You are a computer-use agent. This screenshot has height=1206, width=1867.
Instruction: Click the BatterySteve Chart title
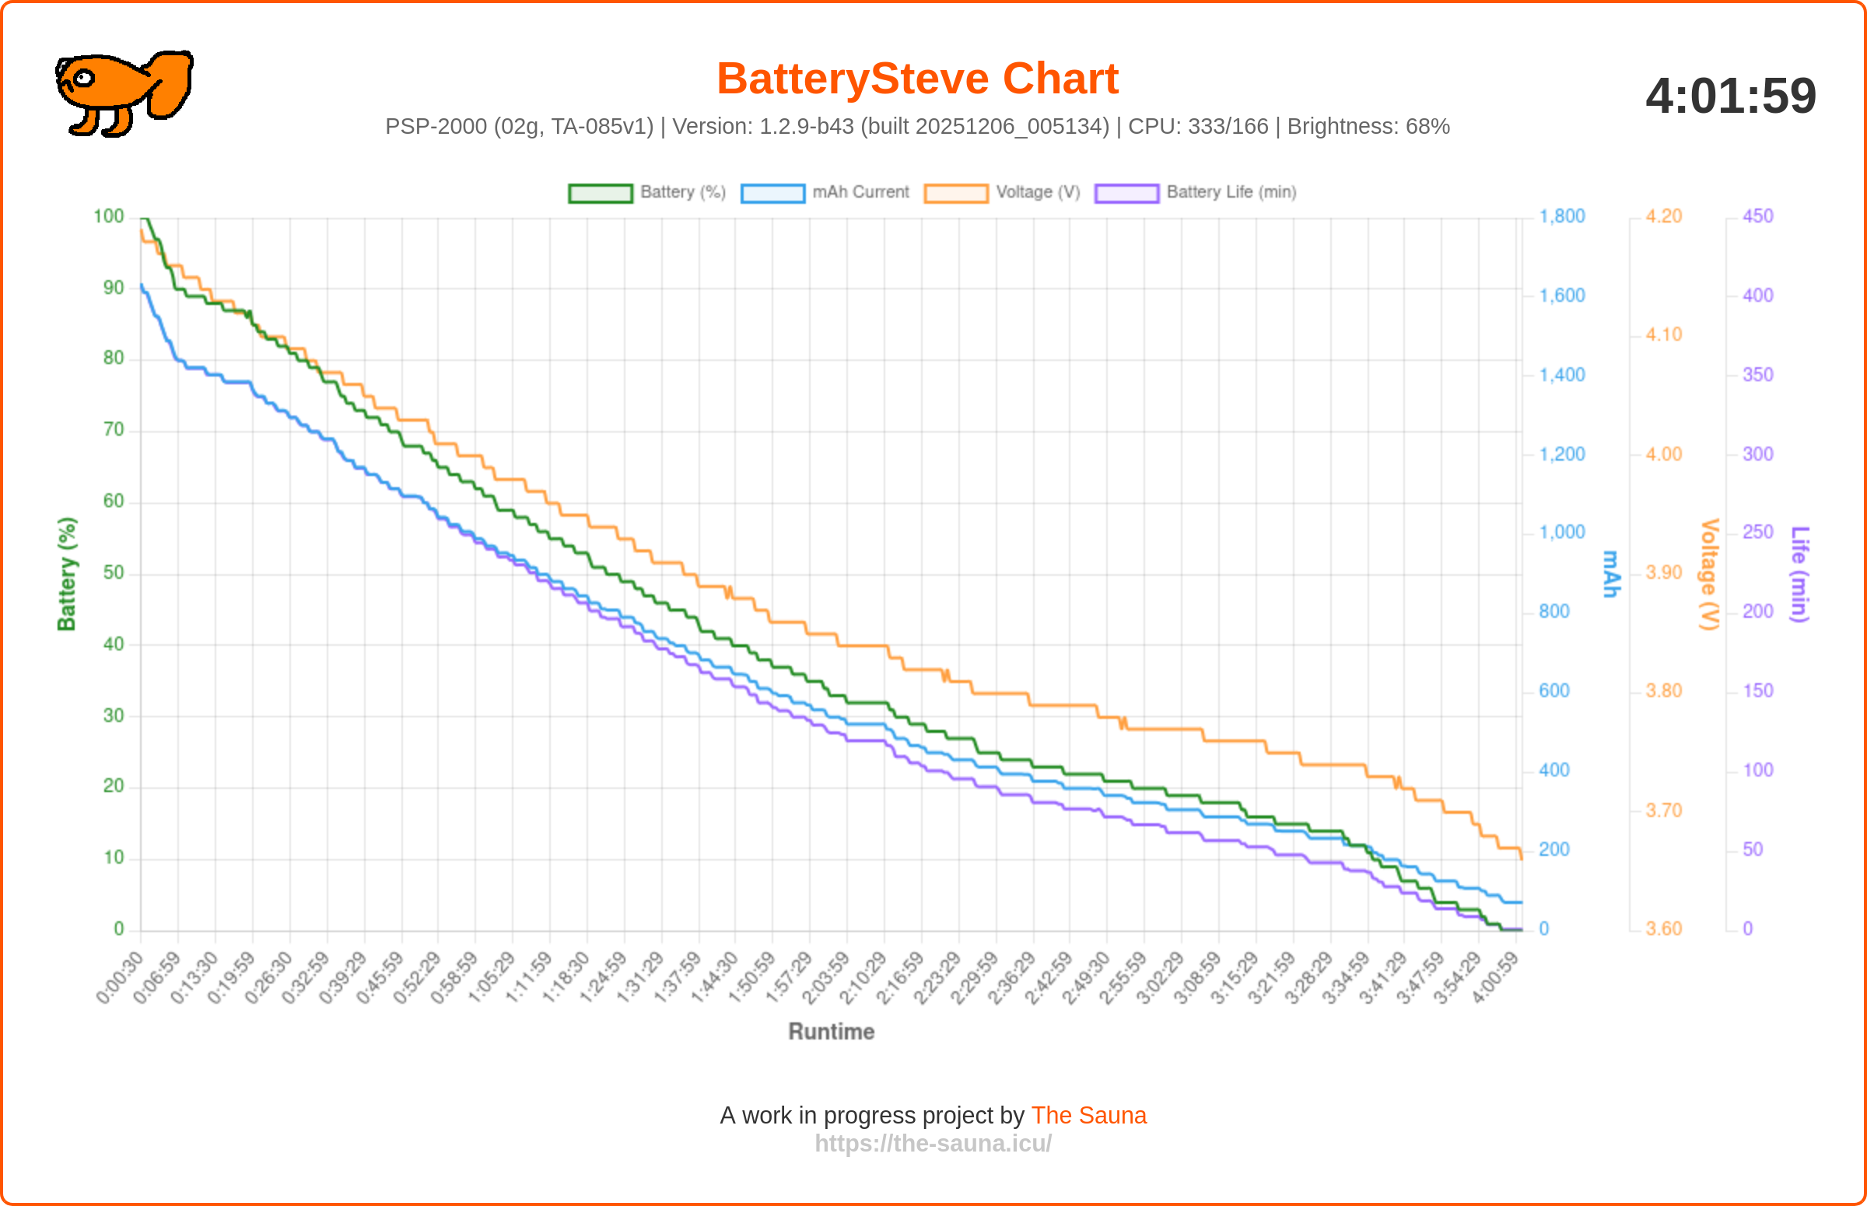916,79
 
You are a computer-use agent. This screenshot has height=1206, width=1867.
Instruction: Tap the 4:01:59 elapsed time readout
1730,96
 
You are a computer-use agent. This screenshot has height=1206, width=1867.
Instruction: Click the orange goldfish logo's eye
83,78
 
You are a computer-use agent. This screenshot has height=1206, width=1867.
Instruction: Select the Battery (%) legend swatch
600,193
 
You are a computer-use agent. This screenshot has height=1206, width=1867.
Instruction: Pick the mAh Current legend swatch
772,193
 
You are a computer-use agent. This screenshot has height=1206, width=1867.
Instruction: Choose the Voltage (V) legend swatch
955,193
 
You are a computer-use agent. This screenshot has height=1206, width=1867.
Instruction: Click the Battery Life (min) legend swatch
1126,193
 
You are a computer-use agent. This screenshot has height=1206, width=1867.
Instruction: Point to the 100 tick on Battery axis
109,216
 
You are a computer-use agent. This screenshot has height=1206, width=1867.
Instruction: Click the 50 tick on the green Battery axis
114,573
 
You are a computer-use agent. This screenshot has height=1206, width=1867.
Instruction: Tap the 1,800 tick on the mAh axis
1562,216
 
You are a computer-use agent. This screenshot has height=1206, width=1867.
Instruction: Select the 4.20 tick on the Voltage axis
1663,216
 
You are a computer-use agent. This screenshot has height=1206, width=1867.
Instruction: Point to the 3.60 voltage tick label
1663,929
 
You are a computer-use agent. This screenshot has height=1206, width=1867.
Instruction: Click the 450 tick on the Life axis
1757,216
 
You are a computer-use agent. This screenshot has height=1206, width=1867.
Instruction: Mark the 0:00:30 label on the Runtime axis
121,977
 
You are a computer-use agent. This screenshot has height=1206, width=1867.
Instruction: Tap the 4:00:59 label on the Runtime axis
1496,977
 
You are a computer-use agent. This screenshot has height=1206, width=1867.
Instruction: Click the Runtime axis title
831,1032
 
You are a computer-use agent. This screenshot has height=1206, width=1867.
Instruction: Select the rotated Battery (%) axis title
67,573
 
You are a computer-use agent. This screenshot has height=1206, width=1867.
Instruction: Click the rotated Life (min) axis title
1799,574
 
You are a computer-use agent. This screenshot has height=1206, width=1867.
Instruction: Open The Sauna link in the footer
1088,1115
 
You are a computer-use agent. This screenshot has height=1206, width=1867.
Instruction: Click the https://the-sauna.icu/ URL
933,1143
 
